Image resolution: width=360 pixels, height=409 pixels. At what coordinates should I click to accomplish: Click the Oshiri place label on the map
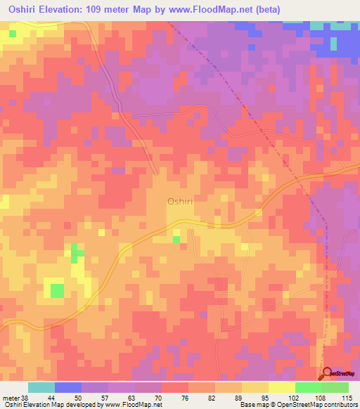[180, 202]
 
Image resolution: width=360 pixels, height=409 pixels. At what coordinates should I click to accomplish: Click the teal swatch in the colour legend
[41, 387]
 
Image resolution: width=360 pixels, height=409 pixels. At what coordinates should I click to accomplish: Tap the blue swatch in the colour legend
[68, 387]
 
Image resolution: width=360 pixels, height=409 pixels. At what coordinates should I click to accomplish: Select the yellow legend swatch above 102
[281, 387]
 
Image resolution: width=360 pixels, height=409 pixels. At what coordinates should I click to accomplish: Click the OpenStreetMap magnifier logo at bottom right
[326, 374]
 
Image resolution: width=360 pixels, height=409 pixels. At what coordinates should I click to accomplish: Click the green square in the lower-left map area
[57, 290]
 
